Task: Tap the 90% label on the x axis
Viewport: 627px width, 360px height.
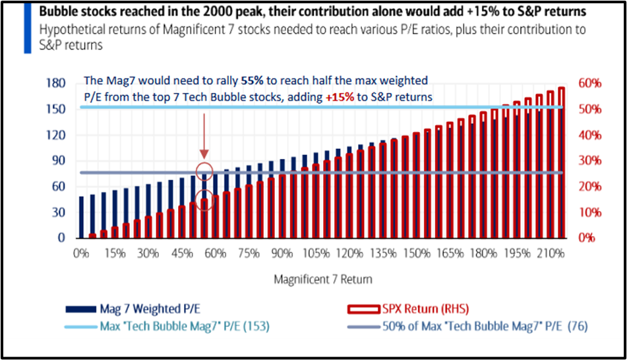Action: (282, 254)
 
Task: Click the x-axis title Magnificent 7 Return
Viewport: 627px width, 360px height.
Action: (322, 279)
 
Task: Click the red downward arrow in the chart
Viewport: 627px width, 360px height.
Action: (204, 135)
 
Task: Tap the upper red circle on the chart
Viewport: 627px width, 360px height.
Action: (204, 170)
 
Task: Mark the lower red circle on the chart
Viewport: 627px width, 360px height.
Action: (204, 200)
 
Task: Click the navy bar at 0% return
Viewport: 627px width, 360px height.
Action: (82, 217)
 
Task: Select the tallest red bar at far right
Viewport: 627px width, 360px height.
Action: (561, 162)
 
